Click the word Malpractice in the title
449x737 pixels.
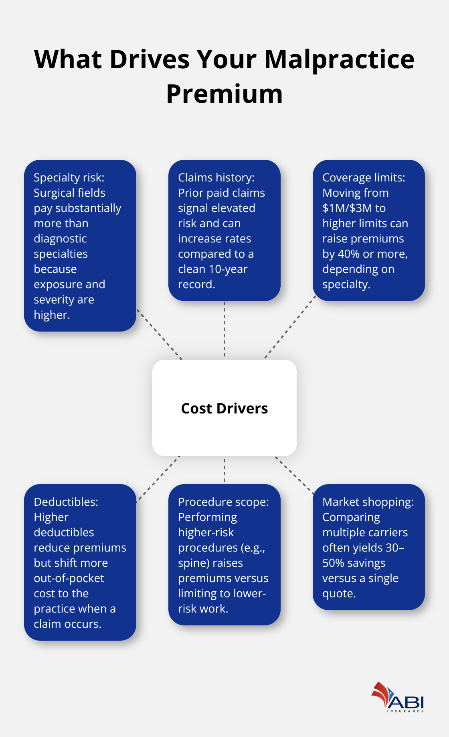click(x=339, y=59)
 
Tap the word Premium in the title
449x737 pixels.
click(x=224, y=94)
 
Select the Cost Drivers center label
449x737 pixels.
click(x=224, y=408)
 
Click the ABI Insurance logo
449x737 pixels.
click(x=398, y=698)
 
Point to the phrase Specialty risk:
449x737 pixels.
click(x=69, y=177)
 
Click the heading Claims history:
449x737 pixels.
click(x=216, y=177)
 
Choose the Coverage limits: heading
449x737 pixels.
click(x=364, y=177)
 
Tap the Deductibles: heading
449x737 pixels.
click(x=66, y=502)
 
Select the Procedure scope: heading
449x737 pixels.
click(x=223, y=502)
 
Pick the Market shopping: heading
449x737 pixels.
click(x=368, y=502)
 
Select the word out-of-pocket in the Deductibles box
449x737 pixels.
click(x=69, y=578)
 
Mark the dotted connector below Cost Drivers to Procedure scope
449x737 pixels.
click(x=224, y=470)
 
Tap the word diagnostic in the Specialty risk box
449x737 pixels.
click(x=60, y=238)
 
